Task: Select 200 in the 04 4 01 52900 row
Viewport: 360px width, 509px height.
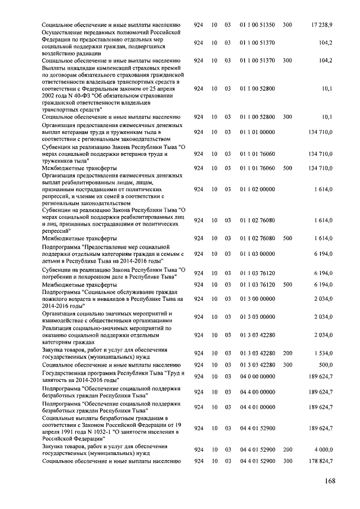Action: tap(287, 449)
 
